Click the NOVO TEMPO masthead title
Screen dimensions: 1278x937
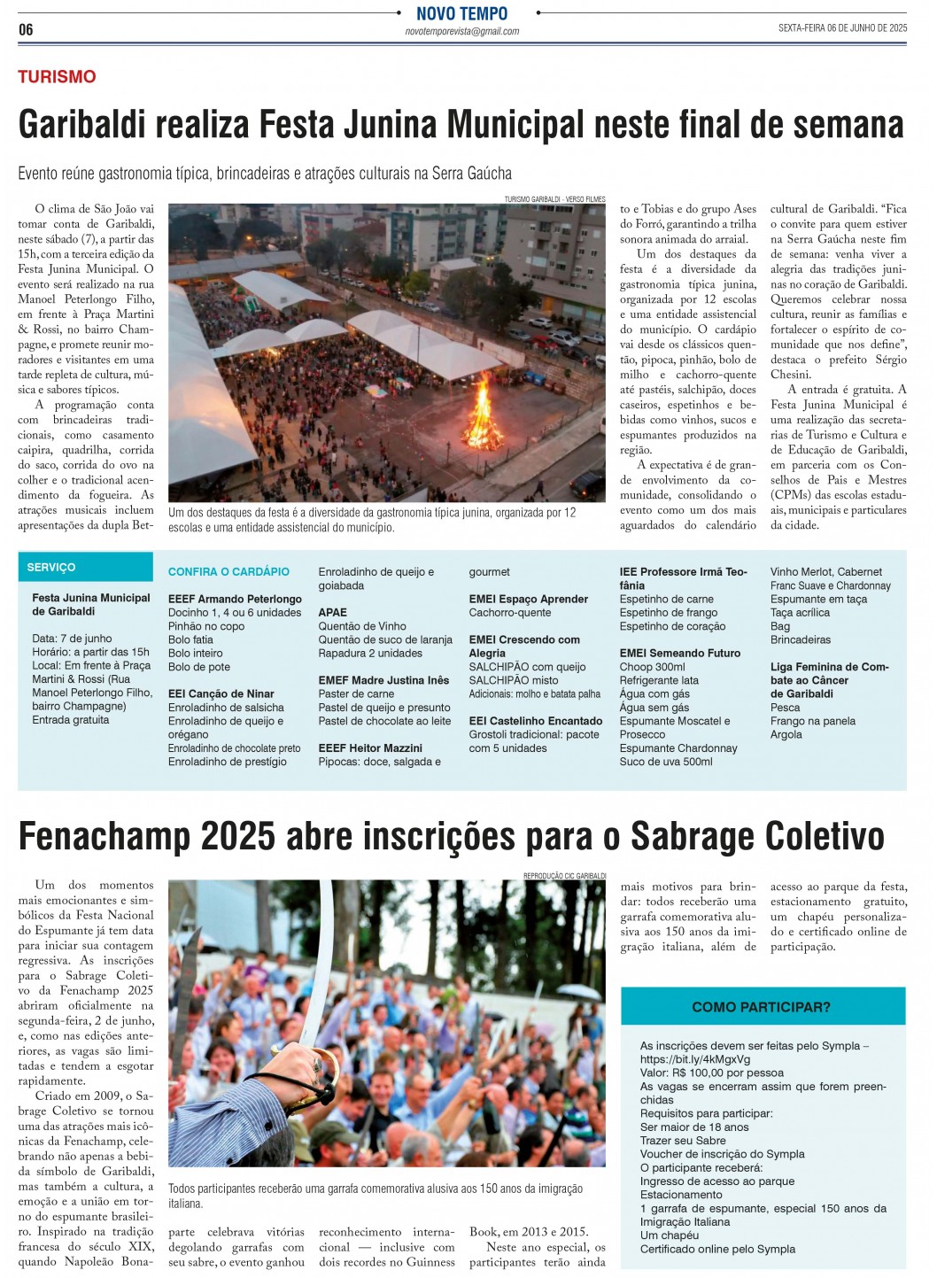(x=461, y=13)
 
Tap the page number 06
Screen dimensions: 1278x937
(x=26, y=30)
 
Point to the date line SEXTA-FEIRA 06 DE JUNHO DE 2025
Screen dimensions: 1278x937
(x=842, y=28)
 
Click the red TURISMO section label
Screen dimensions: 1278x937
(x=57, y=77)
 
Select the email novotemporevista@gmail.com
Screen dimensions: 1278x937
(x=461, y=31)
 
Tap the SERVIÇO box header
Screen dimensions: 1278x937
(x=51, y=568)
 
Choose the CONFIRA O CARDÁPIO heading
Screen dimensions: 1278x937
(x=228, y=572)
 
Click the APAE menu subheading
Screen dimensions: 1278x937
(x=333, y=613)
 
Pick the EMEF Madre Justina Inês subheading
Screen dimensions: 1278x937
(x=383, y=681)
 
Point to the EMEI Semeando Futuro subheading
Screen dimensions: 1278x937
(x=680, y=654)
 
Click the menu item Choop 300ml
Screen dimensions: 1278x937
(x=652, y=667)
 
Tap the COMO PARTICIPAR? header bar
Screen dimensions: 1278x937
(x=762, y=1007)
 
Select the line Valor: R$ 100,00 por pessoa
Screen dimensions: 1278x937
(x=711, y=1073)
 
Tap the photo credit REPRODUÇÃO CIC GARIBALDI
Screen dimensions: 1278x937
(x=564, y=876)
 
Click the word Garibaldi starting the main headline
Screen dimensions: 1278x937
(x=81, y=125)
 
